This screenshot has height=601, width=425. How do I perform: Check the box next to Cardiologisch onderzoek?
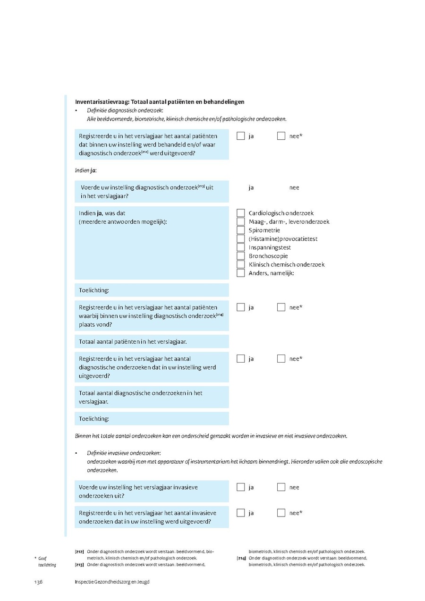pos(241,213)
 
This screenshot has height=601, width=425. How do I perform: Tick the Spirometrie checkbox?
pos(241,230)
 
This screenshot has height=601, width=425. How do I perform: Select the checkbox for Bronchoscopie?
pos(241,256)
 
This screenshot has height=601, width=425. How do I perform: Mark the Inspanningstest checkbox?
pos(241,247)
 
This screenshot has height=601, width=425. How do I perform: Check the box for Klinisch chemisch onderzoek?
pos(241,264)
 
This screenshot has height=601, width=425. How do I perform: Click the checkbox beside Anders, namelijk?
pos(241,273)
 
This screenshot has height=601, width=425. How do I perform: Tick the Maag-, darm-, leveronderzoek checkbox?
pos(241,222)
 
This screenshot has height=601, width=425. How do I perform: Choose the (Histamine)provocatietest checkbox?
pos(241,239)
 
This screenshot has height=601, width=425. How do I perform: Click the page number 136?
pos(38,582)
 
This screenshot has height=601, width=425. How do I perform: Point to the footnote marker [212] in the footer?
pos(79,551)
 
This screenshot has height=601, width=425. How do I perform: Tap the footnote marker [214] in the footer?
pos(241,558)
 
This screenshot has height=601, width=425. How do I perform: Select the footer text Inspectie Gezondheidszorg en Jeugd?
pos(112,582)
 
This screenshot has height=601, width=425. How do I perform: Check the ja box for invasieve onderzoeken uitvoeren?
pos(241,487)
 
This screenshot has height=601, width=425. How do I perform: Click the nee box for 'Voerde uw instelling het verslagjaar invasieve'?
pos(281,487)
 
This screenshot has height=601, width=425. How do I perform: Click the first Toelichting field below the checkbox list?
pos(152,290)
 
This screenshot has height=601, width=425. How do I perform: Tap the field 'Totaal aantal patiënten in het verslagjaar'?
pos(152,341)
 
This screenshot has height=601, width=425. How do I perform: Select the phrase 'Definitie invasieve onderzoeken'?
pos(124,453)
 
